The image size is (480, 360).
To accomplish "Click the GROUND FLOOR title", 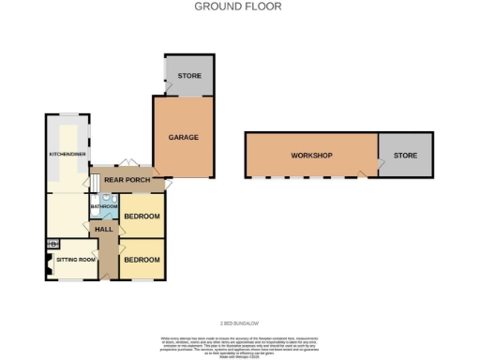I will tap(237, 7).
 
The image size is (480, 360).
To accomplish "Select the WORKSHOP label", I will tap(310, 155).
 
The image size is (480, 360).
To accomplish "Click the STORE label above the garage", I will tap(189, 75).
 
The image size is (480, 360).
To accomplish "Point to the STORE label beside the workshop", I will tap(406, 155).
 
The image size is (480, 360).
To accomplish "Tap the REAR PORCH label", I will tap(127, 180).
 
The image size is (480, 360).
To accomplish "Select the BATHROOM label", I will tap(103, 206).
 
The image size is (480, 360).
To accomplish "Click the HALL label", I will tap(103, 229).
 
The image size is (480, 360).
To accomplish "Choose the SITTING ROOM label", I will tap(75, 259).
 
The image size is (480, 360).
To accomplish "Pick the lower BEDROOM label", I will tap(142, 259).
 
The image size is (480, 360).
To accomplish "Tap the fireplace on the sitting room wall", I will tap(48, 262).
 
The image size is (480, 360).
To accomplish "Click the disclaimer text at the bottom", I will tap(239, 341).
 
